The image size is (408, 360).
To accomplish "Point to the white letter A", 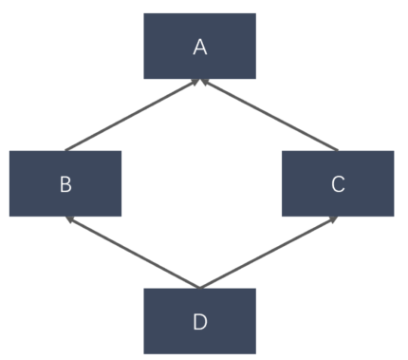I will pos(199,47).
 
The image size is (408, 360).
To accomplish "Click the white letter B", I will pos(65,183).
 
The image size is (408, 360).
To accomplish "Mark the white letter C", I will pos(338,183).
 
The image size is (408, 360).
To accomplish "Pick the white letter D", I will pos(199,321).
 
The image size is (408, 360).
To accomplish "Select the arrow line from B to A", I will pos(131,115).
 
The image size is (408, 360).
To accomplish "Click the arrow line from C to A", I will pos(269,115).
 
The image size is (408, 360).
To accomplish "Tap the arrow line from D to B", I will pos(131,252).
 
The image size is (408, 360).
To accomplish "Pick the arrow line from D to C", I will pos(269,252).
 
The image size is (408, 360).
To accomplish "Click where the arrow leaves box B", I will pos(65,150).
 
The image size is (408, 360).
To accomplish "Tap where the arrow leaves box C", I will pos(338,150).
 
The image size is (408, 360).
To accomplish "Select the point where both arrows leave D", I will pos(199,287).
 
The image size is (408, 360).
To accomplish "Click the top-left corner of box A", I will pos(144,14).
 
